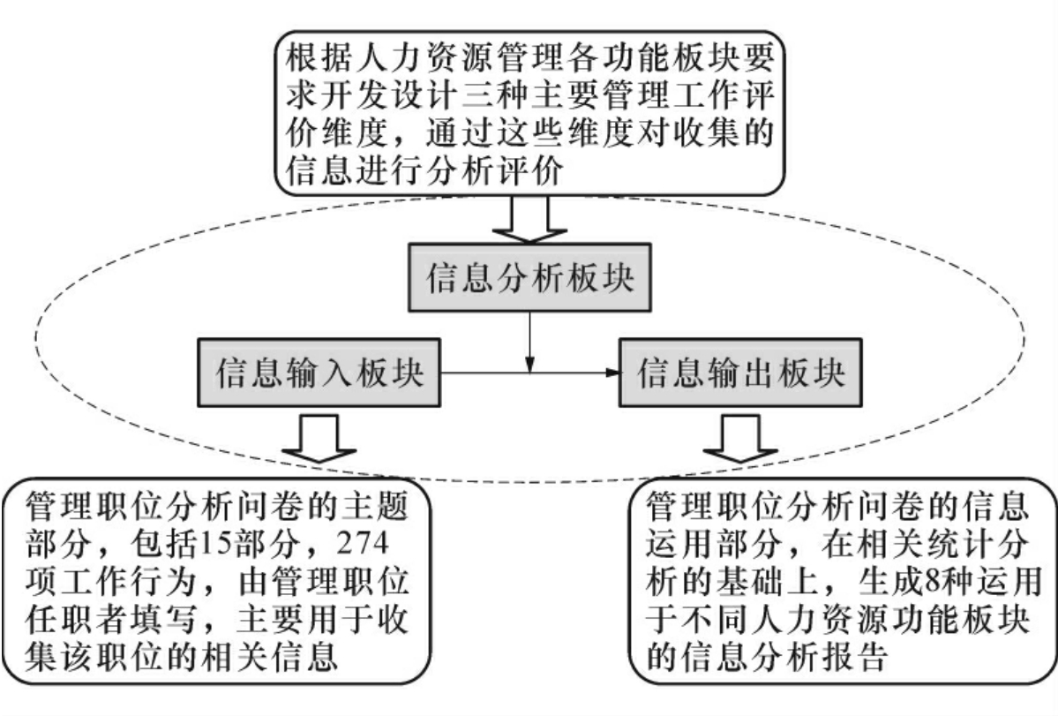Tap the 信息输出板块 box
tap(740, 374)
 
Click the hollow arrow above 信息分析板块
tap(529, 220)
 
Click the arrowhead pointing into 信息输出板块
tap(611, 374)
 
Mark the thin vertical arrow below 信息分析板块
tap(529, 340)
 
